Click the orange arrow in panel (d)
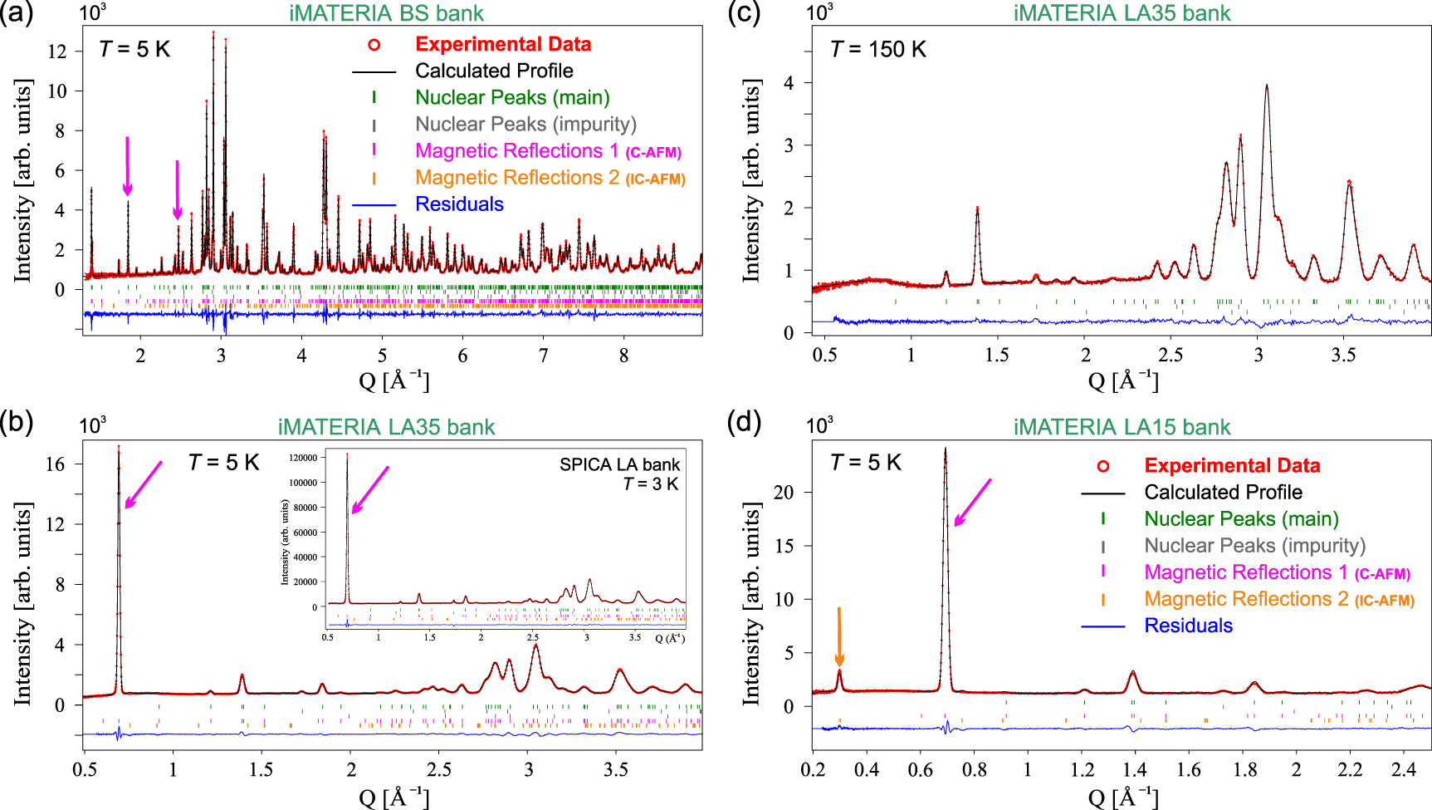[x=839, y=636]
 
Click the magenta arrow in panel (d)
[x=972, y=503]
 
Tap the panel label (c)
[x=743, y=13]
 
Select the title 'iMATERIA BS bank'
[x=386, y=13]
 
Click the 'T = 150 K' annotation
[x=877, y=50]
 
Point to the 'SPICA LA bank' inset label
[x=619, y=464]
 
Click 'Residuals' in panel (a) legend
[x=459, y=204]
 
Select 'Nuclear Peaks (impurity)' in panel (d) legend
[x=1254, y=546]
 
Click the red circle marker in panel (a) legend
[x=374, y=45]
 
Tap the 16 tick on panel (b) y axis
[x=55, y=464]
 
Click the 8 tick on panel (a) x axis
[x=624, y=356]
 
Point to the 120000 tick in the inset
[x=302, y=458]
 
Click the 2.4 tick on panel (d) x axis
[x=1404, y=769]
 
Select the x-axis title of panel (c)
[x=1122, y=381]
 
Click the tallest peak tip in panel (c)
[x=1267, y=85]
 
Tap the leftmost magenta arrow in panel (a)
[x=127, y=166]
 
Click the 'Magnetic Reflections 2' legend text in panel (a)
[x=517, y=178]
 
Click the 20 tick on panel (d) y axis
[x=783, y=493]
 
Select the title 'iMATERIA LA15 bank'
[x=1122, y=427]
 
